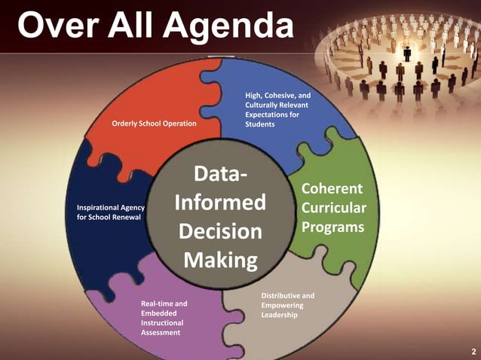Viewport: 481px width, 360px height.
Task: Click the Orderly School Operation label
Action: tap(154, 124)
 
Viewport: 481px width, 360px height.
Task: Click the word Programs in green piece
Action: tap(333, 226)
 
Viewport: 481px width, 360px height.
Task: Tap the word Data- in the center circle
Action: tap(219, 175)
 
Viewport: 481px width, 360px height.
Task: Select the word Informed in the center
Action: tap(219, 203)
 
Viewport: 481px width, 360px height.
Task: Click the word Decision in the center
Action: tap(219, 231)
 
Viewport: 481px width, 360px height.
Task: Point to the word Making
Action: tap(219, 260)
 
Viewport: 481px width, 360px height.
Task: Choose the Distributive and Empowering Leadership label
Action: tap(287, 305)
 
